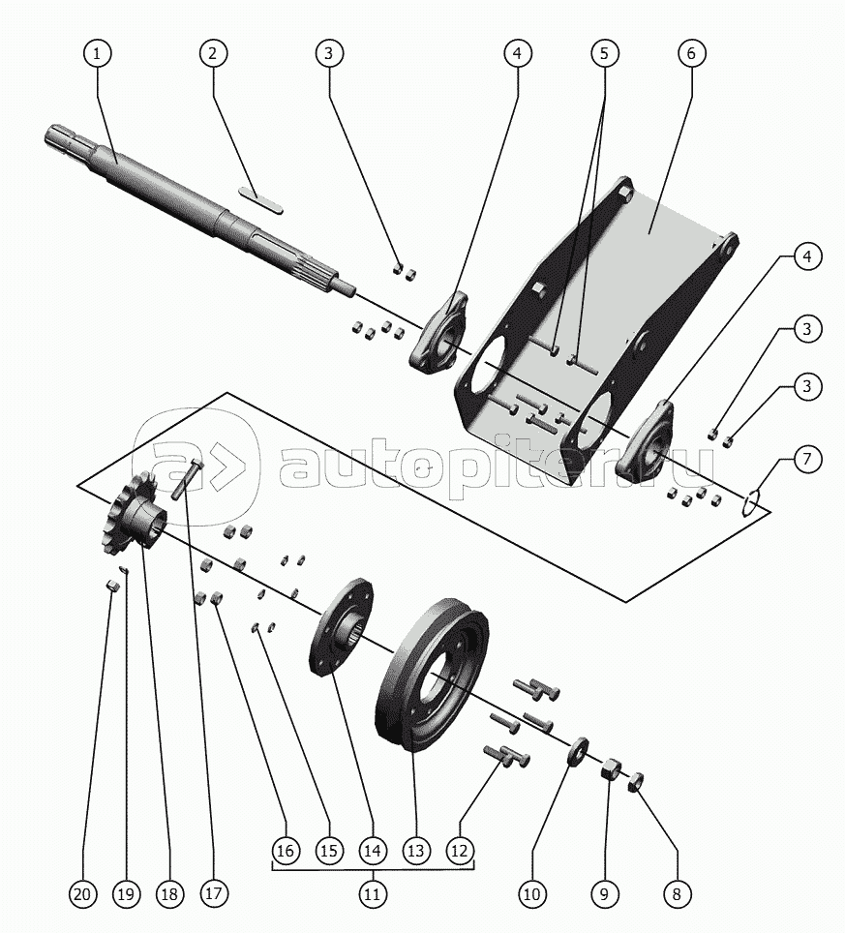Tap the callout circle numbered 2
[x=214, y=54]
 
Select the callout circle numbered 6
[x=691, y=54]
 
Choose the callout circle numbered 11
[x=372, y=895]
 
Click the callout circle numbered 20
[x=82, y=895]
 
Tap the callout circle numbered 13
[x=415, y=851]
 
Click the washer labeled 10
[x=579, y=750]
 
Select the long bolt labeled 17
[x=186, y=479]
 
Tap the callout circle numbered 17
[x=215, y=895]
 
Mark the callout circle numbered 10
[x=531, y=895]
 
